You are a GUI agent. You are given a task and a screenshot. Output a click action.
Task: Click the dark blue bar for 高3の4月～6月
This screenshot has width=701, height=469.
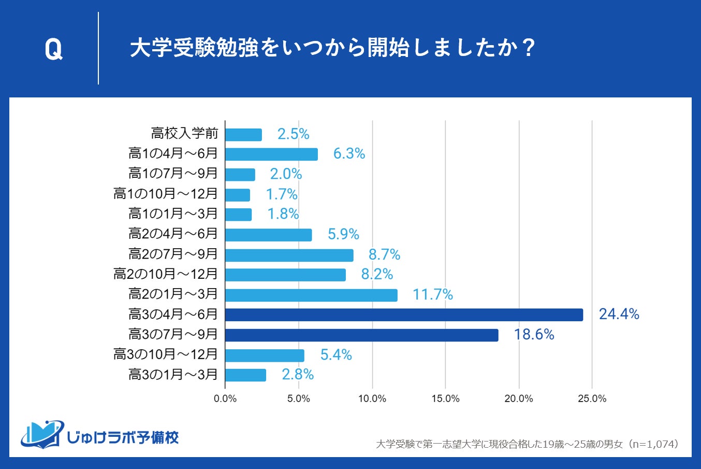(404, 315)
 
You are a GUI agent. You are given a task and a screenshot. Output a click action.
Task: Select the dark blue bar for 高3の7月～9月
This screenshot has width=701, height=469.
(361, 335)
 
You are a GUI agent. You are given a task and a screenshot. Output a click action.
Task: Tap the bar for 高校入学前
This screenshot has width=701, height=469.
(243, 134)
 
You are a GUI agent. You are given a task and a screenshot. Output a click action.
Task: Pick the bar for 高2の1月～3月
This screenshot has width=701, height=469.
(311, 295)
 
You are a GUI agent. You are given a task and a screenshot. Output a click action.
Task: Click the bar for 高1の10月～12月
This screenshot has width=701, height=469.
(238, 195)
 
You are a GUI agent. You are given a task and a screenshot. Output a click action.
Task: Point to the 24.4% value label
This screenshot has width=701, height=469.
(619, 315)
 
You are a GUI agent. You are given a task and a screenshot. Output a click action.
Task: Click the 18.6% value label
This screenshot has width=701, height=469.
(534, 335)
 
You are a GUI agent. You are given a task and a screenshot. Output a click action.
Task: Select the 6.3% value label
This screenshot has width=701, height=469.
(349, 154)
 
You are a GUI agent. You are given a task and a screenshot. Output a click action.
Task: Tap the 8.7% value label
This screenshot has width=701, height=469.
(384, 254)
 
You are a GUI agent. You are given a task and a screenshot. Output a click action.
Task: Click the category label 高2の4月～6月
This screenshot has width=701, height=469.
(173, 234)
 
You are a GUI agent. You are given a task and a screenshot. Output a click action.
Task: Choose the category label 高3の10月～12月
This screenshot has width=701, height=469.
(166, 354)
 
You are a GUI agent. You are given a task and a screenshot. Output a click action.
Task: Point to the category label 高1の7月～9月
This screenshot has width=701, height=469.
(173, 174)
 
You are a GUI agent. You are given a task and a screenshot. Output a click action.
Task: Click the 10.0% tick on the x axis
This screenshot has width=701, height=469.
(372, 399)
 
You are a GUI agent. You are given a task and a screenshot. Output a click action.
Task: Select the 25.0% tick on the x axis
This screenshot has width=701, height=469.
(592, 399)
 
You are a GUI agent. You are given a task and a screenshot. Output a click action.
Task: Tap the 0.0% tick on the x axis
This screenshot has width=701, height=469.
(225, 399)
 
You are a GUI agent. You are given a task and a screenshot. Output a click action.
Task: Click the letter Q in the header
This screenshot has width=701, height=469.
(53, 50)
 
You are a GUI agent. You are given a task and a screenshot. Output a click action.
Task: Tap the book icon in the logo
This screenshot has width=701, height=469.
(42, 434)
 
